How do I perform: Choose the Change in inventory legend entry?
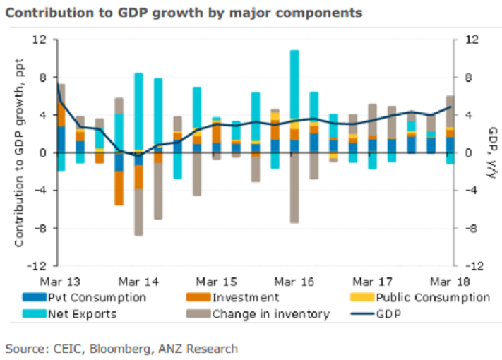[270, 313]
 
